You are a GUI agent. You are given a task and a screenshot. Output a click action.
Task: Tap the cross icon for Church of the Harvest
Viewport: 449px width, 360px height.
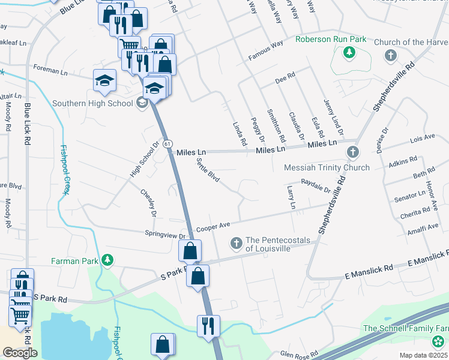coord(391,56)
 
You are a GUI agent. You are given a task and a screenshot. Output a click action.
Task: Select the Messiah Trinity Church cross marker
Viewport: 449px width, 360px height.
coord(352,152)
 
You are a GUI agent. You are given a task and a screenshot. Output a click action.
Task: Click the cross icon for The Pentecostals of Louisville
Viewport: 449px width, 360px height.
coord(236,243)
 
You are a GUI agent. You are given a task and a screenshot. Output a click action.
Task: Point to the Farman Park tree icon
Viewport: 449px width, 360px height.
coord(107,260)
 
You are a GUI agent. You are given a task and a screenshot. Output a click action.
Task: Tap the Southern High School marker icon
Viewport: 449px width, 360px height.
coord(142,103)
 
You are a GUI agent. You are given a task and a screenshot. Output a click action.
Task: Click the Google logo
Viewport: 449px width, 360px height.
coord(20,353)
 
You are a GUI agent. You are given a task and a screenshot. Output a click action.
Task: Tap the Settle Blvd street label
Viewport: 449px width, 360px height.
coord(208,170)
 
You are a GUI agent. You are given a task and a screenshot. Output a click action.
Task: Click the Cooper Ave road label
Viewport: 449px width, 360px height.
coord(213,226)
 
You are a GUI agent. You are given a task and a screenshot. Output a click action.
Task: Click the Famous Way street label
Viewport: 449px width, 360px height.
coord(267,44)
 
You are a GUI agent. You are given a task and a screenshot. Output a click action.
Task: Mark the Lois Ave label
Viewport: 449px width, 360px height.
coord(421,138)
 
